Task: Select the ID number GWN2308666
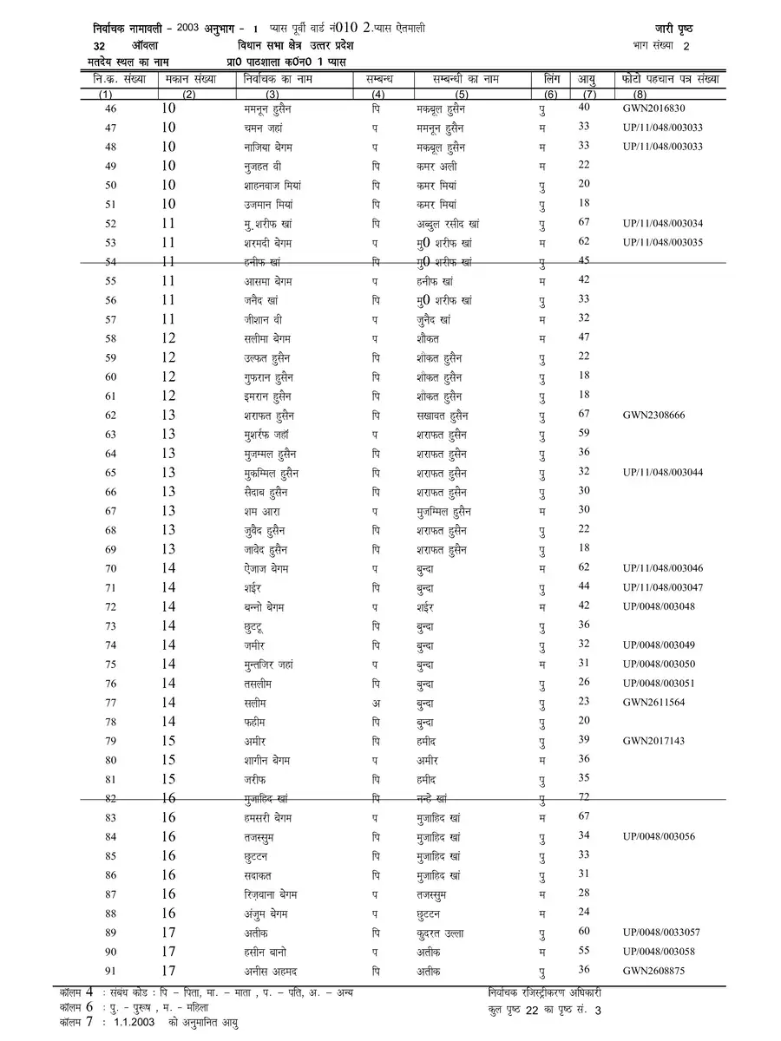pos(654,415)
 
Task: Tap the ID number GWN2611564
pos(654,702)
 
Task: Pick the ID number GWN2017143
pos(654,741)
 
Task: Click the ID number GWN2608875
pos(654,970)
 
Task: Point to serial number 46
pos(110,108)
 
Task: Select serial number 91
pos(110,970)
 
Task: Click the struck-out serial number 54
pos(110,261)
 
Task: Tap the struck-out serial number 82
pos(110,798)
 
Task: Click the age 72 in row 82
pos(584,796)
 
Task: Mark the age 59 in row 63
pos(584,433)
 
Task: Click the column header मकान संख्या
pos(191,80)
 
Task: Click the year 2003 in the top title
pos(187,29)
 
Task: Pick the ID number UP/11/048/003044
pos(663,472)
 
